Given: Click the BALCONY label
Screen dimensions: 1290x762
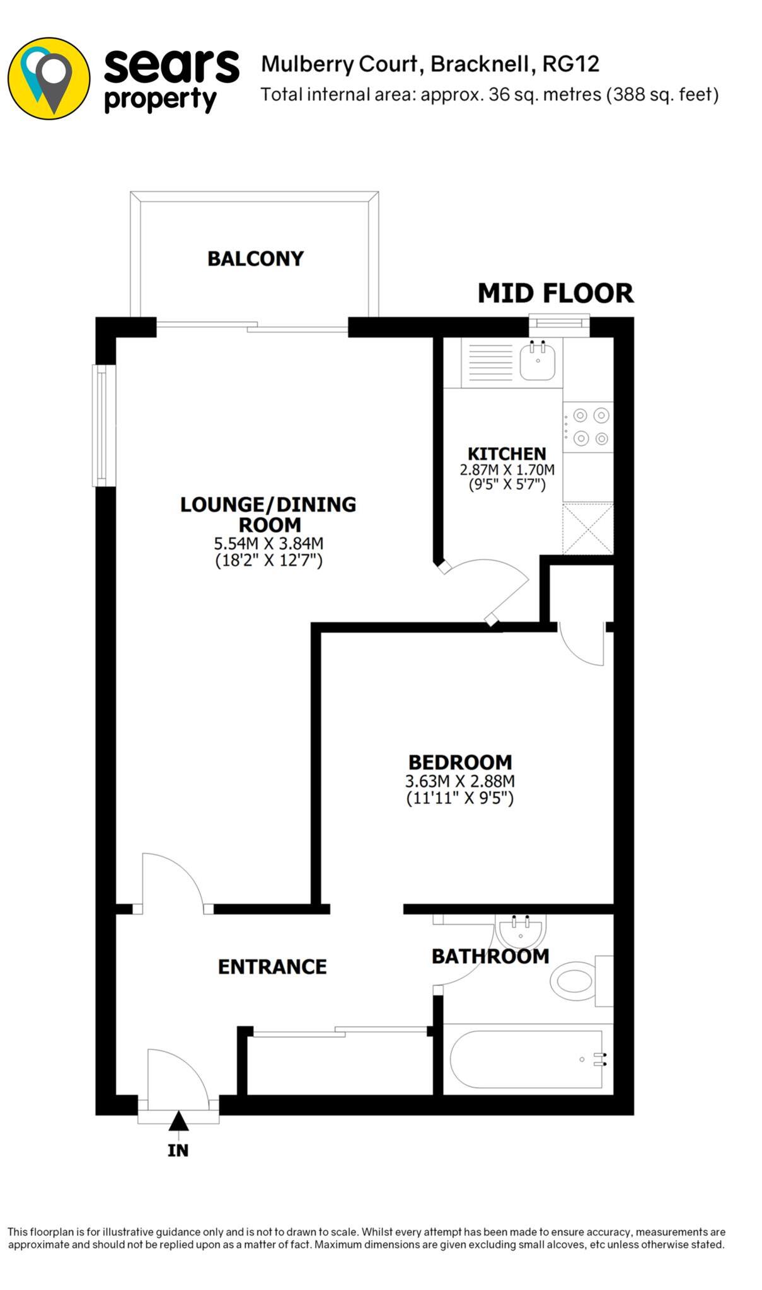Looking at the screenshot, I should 255,258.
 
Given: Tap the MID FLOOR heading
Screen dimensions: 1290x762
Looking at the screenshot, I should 555,294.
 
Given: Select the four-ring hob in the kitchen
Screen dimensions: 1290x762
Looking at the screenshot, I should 587,426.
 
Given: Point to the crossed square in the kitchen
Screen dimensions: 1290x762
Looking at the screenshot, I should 587,528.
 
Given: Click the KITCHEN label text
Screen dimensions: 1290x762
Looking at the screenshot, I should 507,454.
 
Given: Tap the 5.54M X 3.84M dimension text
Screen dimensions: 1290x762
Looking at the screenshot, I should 269,543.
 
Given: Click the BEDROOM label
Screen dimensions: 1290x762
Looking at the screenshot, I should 460,762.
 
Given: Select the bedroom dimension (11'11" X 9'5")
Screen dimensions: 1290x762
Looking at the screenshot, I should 460,799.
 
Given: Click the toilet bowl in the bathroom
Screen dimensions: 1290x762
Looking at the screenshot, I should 572,981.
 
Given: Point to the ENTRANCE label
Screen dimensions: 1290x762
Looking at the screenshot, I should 272,967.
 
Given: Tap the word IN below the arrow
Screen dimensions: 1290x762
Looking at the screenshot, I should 178,1150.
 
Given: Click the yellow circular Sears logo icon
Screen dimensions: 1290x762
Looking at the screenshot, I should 49,78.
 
